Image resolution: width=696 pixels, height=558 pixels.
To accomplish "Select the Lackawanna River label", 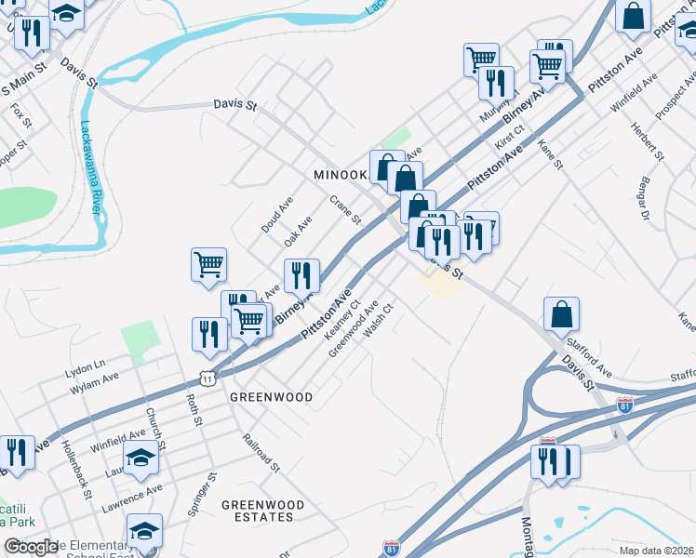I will click(91, 167).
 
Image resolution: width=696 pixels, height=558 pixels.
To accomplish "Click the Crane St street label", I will click(344, 210).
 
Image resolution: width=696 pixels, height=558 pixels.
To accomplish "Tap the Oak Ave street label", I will click(298, 231).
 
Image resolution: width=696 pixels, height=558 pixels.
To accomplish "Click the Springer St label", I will click(212, 494).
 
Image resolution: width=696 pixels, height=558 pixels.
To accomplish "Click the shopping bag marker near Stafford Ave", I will click(562, 316).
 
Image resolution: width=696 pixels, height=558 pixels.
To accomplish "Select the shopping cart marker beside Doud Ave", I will click(209, 265).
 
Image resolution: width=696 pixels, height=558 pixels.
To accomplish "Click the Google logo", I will click(31, 548).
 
